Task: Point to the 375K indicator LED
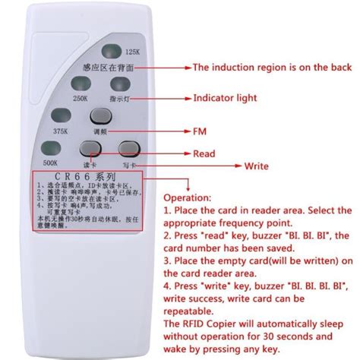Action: coord(60,116)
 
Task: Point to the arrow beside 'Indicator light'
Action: coord(172,98)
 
